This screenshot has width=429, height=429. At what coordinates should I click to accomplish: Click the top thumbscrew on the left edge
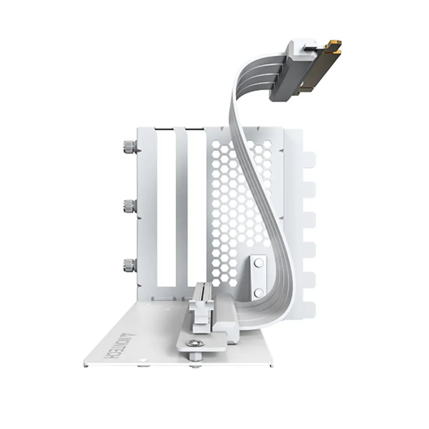click(128, 147)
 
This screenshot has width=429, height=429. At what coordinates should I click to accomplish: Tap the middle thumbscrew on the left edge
click(128, 206)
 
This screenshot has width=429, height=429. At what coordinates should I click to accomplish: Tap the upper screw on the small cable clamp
click(257, 264)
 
